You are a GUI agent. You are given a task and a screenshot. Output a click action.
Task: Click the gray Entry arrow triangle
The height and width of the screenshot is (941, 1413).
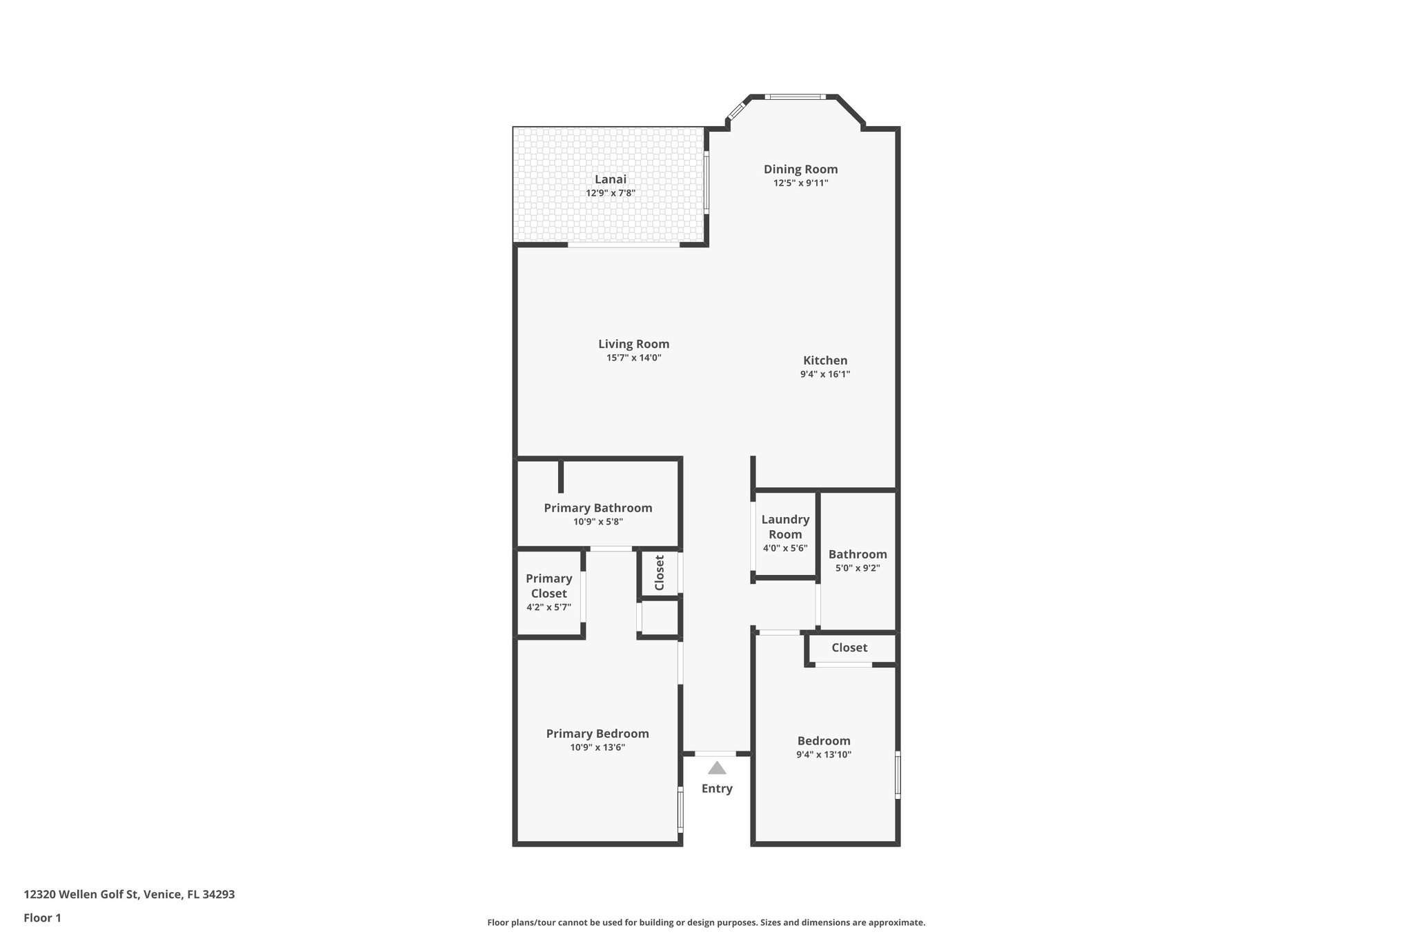pos(717,768)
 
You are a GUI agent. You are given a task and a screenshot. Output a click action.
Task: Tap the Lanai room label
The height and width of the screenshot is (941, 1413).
pos(611,179)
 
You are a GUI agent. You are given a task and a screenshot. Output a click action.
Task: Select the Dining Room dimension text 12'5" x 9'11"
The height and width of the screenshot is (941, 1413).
pos(800,183)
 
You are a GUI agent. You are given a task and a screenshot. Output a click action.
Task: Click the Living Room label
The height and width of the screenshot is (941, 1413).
pos(633,344)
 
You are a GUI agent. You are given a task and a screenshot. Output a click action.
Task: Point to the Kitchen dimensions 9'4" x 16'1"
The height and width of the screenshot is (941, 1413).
pos(825,374)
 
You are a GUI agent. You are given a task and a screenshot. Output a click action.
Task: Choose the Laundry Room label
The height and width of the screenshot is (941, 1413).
pos(785,527)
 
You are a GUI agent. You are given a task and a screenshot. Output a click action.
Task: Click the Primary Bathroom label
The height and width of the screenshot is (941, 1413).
pos(597,508)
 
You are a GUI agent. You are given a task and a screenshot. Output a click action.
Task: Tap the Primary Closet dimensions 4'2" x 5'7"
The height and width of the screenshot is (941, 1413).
pos(549,607)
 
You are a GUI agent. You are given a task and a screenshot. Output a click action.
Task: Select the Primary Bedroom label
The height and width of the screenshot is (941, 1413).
pos(597,733)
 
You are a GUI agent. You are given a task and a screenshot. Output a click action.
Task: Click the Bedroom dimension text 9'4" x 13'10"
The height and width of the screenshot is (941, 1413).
pos(824,755)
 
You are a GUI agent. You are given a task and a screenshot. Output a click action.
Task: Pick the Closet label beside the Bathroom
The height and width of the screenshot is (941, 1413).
pos(849,648)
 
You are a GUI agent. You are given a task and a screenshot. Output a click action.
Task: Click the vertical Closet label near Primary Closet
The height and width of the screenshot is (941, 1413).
pos(659,573)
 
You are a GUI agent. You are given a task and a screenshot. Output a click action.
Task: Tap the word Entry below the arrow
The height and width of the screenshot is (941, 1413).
pos(717,789)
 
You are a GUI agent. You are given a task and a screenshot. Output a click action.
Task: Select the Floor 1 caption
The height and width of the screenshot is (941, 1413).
pos(42,918)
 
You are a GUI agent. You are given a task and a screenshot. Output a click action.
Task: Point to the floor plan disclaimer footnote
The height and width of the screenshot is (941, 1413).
pos(706,922)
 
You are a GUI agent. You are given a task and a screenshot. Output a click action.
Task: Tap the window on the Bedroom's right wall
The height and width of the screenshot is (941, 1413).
pos(898,776)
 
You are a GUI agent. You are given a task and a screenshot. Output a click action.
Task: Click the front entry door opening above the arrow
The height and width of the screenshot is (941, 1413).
pos(715,753)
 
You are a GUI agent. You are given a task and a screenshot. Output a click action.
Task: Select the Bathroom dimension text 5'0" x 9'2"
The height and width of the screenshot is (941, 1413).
pos(858,569)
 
